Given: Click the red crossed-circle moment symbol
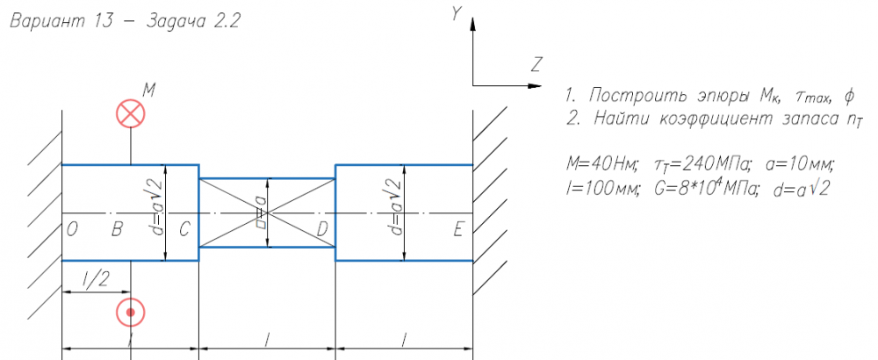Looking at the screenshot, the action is coord(131,113).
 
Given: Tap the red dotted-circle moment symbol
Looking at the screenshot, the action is coord(131,312).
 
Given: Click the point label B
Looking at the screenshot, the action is coord(117,230).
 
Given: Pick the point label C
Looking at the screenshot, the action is coord(184,230).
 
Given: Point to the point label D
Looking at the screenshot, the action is coord(322,230).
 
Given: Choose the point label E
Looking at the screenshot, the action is coord(458,230).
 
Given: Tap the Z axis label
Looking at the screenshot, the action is coord(536,66).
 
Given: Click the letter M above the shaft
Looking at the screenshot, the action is coord(148,90).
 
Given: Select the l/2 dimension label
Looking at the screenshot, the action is coord(96,280).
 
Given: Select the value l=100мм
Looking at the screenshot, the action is coord(602,189).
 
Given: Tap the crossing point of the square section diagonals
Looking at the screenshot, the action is coord(267,212).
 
